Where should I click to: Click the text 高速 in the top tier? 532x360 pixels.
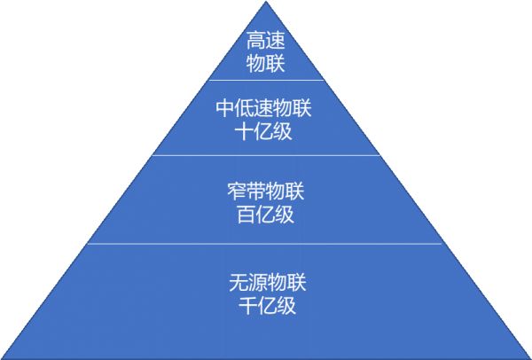pos(266,41)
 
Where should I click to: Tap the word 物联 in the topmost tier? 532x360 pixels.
pos(266,63)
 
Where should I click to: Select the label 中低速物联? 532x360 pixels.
pos(266,109)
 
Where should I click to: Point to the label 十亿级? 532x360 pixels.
pos(266,131)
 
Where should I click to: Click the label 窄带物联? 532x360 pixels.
pos(266,192)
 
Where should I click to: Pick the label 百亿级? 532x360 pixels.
pos(266,214)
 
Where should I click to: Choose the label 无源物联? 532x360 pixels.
pos(266,285)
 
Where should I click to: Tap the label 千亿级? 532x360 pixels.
pos(266,307)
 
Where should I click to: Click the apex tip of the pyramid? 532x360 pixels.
pos(266,4)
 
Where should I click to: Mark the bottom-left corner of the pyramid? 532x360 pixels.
pos(4,357)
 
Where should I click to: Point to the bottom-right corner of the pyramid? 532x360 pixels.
pos(529,357)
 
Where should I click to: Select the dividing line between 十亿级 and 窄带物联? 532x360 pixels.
pos(266,155)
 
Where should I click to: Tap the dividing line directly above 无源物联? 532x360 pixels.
pos(266,244)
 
